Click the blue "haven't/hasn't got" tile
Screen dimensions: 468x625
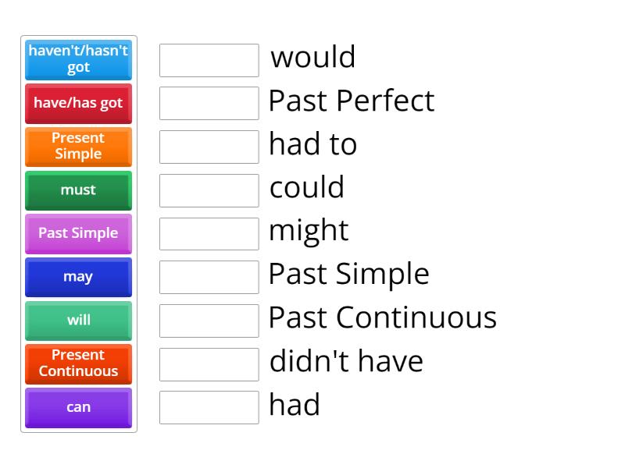point(78,59)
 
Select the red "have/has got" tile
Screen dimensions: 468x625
point(78,103)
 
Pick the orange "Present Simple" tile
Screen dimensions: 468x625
point(78,146)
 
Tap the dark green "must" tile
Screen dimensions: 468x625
point(78,190)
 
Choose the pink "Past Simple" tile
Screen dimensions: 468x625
point(78,233)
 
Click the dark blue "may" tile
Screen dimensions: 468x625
point(78,277)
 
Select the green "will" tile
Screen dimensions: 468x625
point(78,320)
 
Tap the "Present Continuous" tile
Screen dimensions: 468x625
point(78,363)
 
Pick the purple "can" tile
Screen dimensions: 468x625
point(78,407)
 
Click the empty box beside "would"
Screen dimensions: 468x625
point(209,60)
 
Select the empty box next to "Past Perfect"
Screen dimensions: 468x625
point(209,103)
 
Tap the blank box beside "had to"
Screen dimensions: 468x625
point(209,147)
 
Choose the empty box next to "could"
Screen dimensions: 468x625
point(209,190)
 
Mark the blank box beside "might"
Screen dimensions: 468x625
point(209,233)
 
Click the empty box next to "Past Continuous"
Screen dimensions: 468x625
point(209,320)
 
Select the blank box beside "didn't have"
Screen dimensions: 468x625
point(209,363)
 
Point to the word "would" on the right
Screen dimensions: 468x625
point(312,57)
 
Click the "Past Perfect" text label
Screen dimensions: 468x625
point(351,101)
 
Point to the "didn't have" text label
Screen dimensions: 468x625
point(346,361)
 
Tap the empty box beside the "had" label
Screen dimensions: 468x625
point(209,407)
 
